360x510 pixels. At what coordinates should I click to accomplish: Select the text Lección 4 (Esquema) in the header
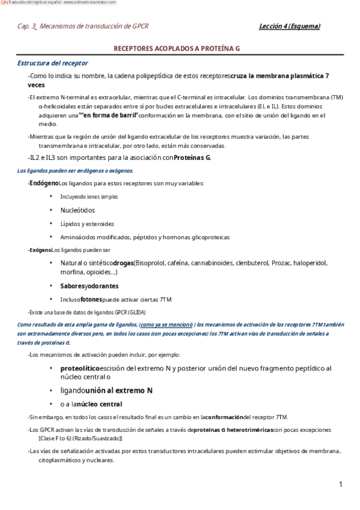(289, 26)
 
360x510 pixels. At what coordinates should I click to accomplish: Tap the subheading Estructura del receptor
(52, 63)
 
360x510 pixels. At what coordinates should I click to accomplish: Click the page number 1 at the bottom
(340, 484)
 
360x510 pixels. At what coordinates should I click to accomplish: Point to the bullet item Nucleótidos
(78, 210)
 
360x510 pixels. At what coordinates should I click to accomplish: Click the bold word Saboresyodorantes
(90, 286)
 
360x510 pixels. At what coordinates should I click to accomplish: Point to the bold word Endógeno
(44, 183)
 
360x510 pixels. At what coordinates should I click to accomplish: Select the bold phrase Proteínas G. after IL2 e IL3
(192, 158)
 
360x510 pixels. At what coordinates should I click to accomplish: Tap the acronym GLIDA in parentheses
(135, 312)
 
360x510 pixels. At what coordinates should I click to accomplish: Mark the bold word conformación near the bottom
(224, 417)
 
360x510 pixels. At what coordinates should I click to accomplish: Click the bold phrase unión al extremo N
(118, 390)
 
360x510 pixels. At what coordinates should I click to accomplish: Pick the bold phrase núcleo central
(99, 404)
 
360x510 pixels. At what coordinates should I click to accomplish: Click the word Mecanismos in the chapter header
(64, 27)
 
